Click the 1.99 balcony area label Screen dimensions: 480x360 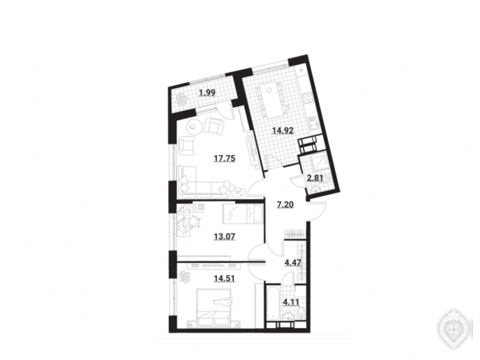207,92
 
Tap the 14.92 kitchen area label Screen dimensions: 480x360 283,130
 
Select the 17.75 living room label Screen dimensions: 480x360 225,158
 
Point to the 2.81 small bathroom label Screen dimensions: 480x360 315,177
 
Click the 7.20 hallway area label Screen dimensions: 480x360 285,204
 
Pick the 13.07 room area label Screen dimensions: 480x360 225,237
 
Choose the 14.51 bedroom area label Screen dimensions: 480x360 225,278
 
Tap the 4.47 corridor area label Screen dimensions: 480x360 293,262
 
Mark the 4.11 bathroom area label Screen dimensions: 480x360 291,303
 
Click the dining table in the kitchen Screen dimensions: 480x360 271,100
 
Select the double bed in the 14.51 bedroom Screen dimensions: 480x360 214,307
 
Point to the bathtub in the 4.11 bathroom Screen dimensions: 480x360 273,303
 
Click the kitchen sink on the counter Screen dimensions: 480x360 313,125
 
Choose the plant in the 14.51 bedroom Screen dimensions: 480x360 185,277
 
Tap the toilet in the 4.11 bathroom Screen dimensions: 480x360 301,313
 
